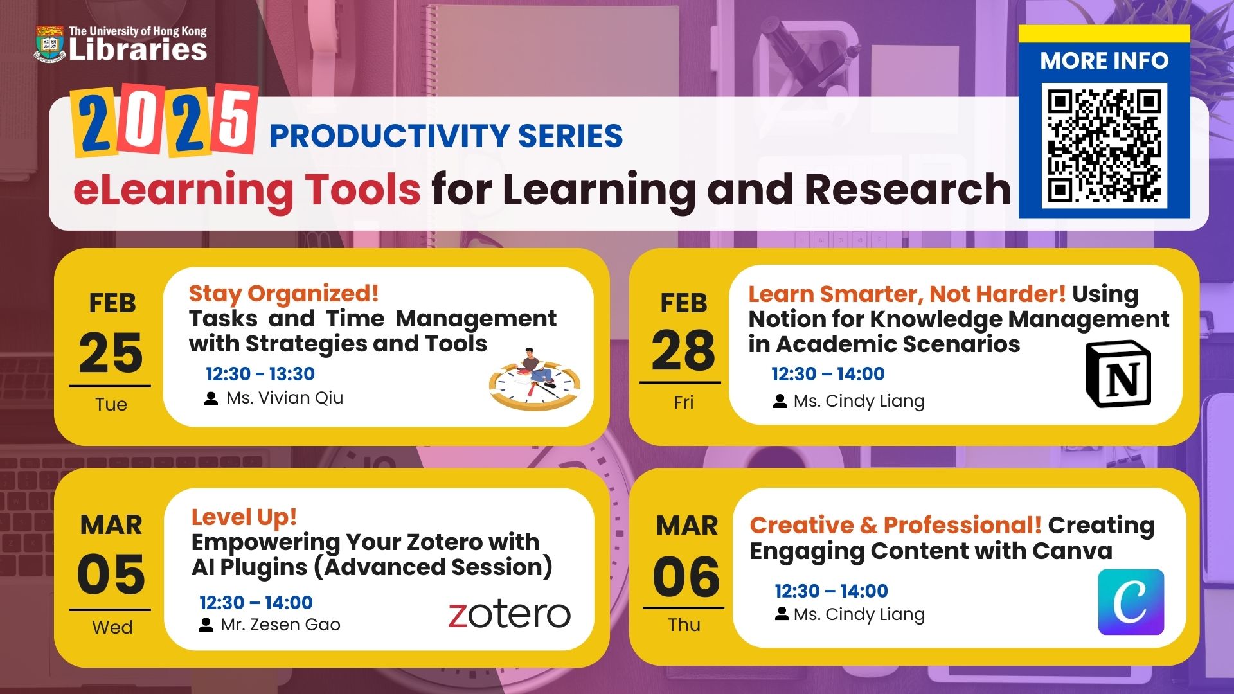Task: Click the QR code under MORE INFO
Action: [x=1104, y=145]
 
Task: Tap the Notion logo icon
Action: [x=1118, y=374]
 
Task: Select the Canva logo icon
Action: [x=1131, y=601]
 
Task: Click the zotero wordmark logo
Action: [x=509, y=615]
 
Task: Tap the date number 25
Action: [x=111, y=353]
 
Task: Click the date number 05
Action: [x=111, y=574]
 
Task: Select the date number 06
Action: [x=686, y=576]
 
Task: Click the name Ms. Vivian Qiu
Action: [x=285, y=398]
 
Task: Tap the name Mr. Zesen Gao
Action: [x=280, y=625]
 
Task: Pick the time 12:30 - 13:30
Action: [x=260, y=374]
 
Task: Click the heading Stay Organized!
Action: [x=283, y=294]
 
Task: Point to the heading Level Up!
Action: [x=244, y=517]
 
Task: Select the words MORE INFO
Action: [x=1104, y=60]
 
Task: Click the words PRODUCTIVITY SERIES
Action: [x=446, y=136]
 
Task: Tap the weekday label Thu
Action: [x=684, y=625]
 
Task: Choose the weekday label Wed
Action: [x=112, y=627]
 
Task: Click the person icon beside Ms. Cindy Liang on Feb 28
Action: [x=780, y=402]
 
